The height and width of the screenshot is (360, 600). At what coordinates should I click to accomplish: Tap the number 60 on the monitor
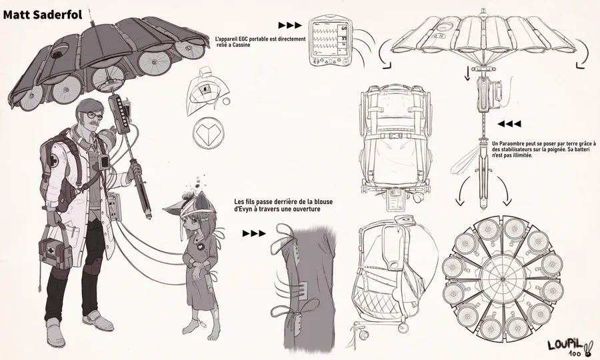coord(343,29)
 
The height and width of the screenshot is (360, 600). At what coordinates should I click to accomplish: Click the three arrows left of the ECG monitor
coord(290,25)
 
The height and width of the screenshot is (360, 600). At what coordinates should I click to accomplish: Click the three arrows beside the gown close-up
coord(253,234)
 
